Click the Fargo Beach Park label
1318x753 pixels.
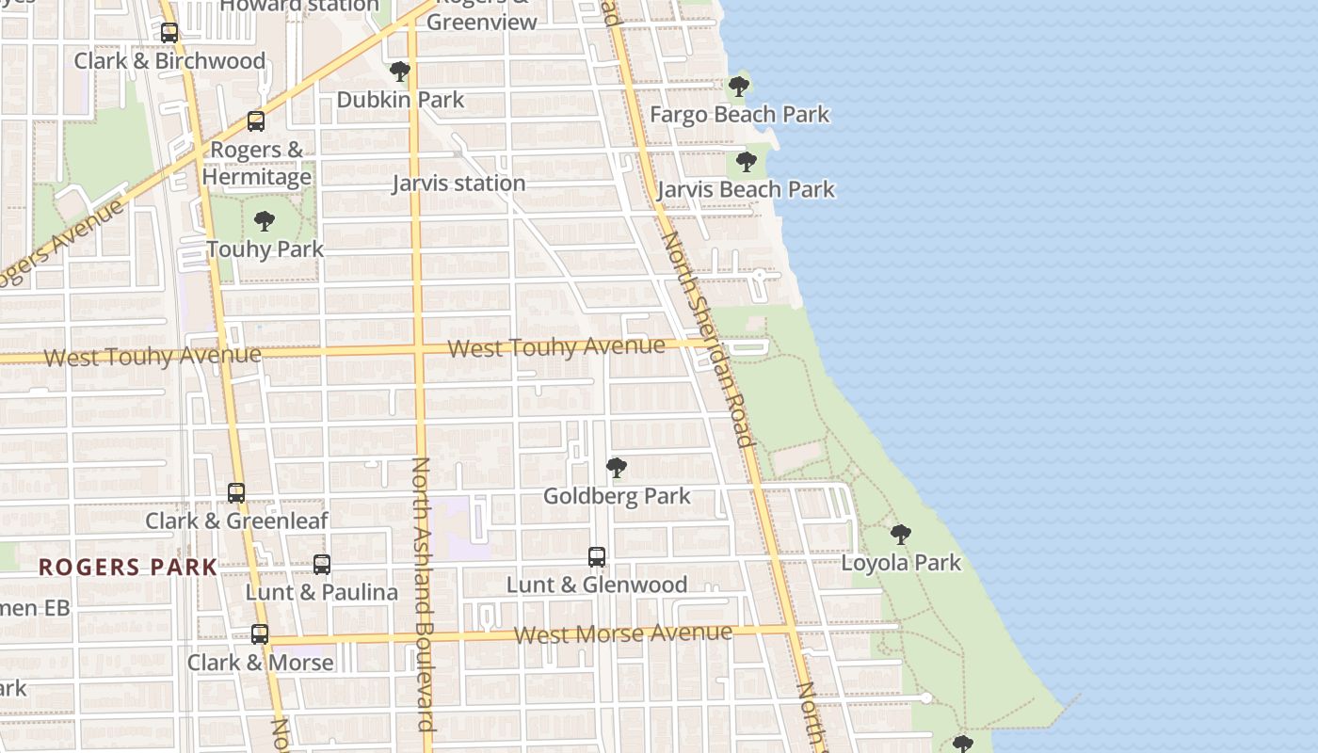pos(740,115)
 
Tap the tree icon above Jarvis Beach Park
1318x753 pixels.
pos(747,162)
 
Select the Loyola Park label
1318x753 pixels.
pos(901,563)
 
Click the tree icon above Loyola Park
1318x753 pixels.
pos(901,535)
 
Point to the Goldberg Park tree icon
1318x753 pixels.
pos(617,467)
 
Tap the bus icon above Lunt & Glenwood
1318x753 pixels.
pos(597,557)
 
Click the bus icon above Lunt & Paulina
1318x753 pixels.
pos(322,565)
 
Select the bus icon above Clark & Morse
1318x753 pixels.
pos(260,634)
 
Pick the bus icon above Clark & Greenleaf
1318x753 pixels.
pos(236,492)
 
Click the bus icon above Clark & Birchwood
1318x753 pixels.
pos(169,33)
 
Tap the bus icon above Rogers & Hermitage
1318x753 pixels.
pos(256,121)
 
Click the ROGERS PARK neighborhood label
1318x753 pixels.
pos(128,568)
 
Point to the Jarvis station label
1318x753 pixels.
pos(458,184)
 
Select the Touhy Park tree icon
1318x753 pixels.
pos(265,221)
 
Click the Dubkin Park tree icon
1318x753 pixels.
pos(400,72)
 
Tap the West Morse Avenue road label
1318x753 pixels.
pos(623,633)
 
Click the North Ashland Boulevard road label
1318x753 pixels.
pos(423,593)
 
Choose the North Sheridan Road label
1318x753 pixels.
pos(709,339)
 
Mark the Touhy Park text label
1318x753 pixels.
pos(265,249)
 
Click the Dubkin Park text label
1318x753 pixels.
pos(400,100)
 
